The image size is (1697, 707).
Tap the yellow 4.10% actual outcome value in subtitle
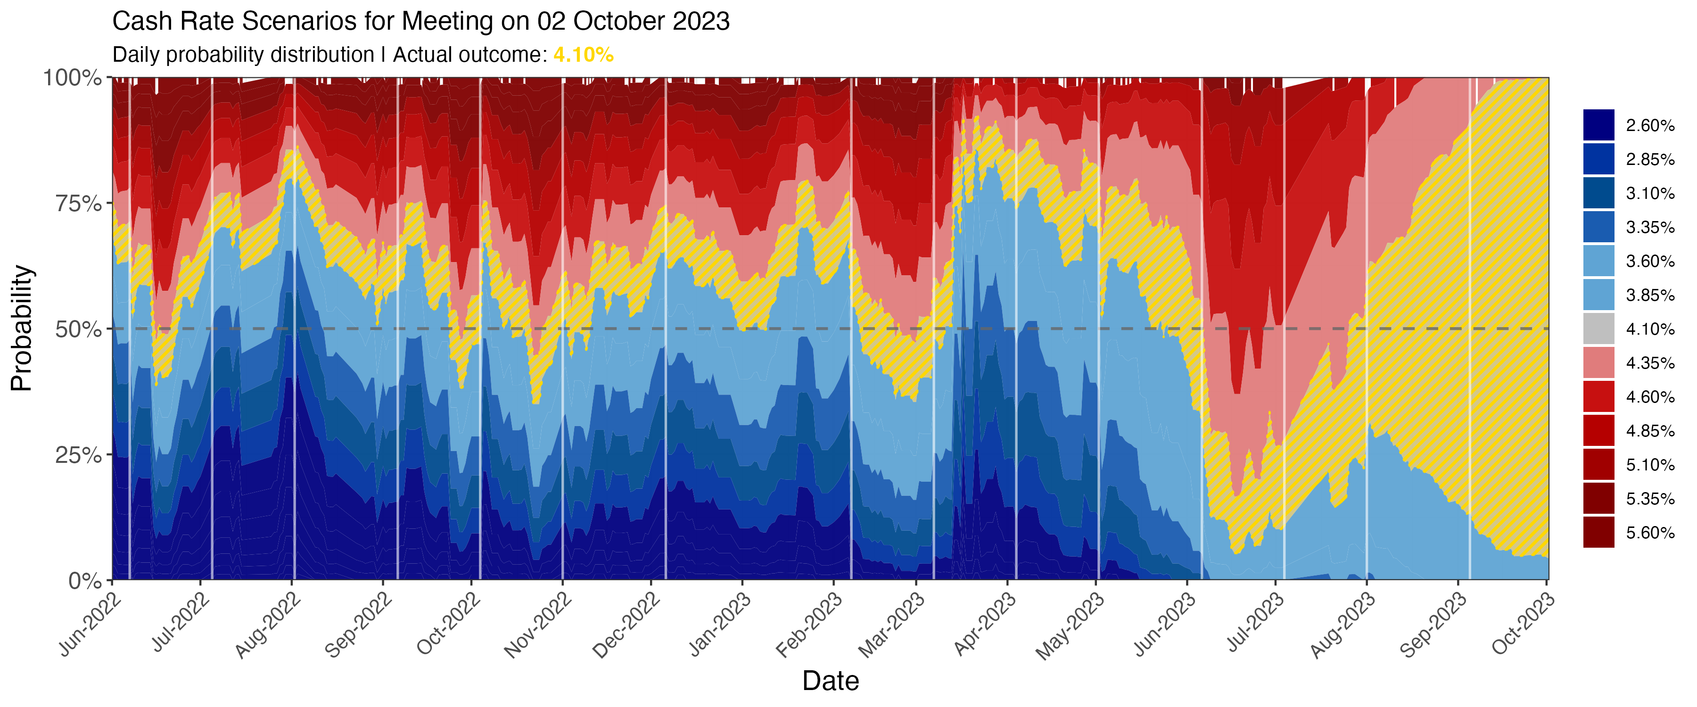pyautogui.click(x=583, y=55)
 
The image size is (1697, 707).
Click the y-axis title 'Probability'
pyautogui.click(x=22, y=328)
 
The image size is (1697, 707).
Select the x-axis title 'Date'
pyautogui.click(x=830, y=681)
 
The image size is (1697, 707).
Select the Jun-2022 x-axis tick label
pyautogui.click(x=91, y=623)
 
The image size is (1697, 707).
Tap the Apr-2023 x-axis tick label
pyautogui.click(x=986, y=623)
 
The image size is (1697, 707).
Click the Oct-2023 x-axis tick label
pyautogui.click(x=1524, y=623)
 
